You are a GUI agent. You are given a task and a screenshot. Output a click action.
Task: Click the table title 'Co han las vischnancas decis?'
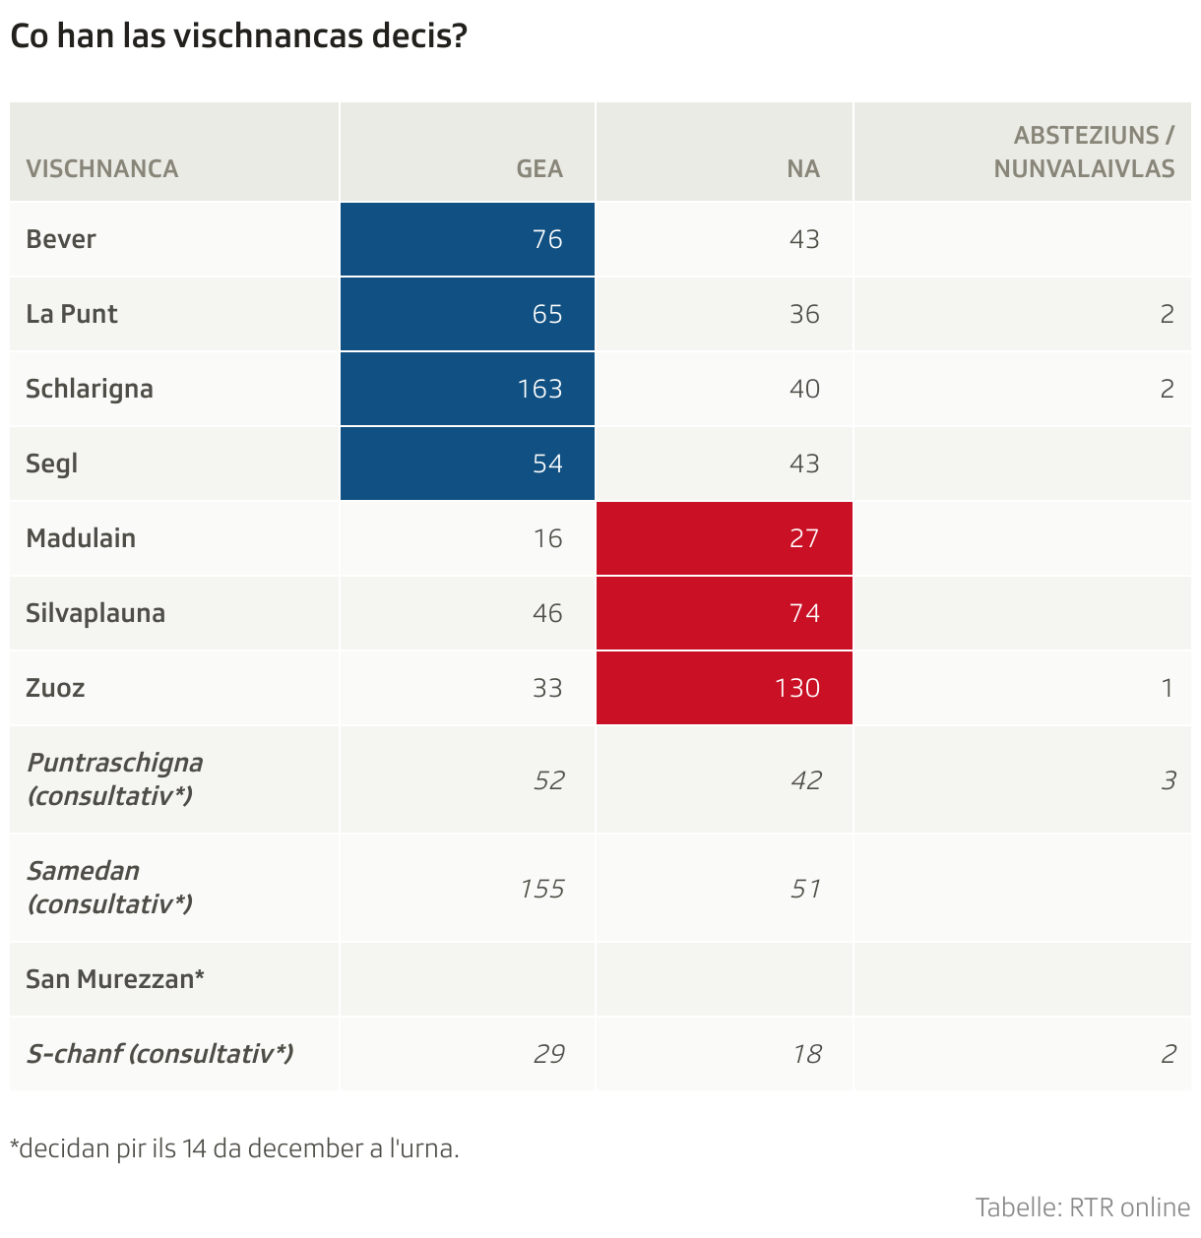(x=237, y=36)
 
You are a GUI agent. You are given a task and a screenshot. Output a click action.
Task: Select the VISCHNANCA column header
(x=102, y=168)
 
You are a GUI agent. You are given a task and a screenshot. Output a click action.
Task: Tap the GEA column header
(x=539, y=168)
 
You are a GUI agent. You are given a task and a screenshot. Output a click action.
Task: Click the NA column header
(x=803, y=168)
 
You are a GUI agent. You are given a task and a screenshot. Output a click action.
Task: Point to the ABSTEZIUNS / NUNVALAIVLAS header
(x=1084, y=152)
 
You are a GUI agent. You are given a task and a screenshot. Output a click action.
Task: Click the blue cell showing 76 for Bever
(x=468, y=239)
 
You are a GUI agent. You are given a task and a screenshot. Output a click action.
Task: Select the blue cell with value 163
(x=468, y=389)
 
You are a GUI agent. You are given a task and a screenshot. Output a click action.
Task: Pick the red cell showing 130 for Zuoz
(x=725, y=688)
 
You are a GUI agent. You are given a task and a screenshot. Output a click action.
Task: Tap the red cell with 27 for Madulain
(x=725, y=538)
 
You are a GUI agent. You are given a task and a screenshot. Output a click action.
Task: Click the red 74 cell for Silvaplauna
(x=725, y=613)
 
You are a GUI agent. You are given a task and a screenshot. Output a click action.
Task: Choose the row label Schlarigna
(x=90, y=389)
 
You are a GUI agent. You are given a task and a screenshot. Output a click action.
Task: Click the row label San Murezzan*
(x=115, y=979)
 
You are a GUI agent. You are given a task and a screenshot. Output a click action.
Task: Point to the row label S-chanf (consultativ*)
(x=159, y=1054)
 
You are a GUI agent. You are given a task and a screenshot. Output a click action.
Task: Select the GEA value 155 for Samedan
(x=542, y=889)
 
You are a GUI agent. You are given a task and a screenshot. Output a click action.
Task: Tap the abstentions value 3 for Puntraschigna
(x=1168, y=780)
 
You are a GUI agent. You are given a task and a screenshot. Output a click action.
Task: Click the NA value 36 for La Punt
(x=804, y=314)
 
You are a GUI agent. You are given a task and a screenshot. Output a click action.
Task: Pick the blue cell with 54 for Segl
(x=468, y=464)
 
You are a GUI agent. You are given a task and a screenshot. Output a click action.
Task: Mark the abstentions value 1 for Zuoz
(x=1168, y=688)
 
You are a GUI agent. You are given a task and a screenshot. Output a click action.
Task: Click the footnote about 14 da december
(x=234, y=1148)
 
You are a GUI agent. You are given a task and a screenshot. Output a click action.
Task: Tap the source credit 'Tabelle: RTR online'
(x=1082, y=1207)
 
